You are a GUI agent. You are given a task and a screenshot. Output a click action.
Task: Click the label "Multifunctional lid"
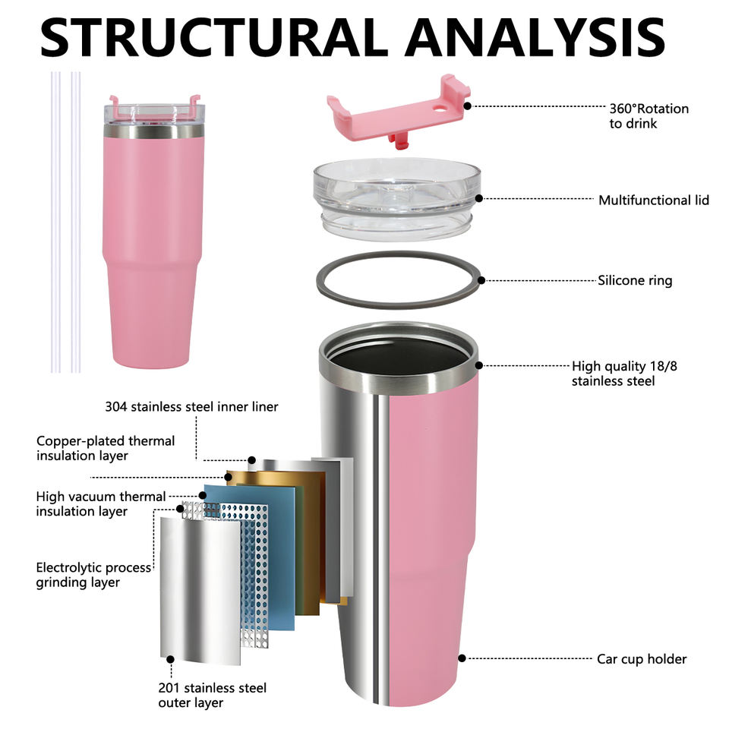point(653,200)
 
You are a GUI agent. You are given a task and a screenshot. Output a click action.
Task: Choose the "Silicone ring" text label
point(634,281)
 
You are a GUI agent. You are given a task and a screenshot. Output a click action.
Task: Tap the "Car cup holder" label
point(641,659)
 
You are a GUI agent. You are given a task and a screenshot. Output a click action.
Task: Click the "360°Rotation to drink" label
point(649,116)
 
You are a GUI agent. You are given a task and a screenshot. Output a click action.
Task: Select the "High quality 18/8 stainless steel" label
point(624,374)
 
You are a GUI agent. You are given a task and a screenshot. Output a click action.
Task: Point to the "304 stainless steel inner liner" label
point(191,407)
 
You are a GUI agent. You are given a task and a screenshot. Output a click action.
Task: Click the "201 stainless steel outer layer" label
point(212,696)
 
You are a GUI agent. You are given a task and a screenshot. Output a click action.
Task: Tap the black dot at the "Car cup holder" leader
point(461,658)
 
